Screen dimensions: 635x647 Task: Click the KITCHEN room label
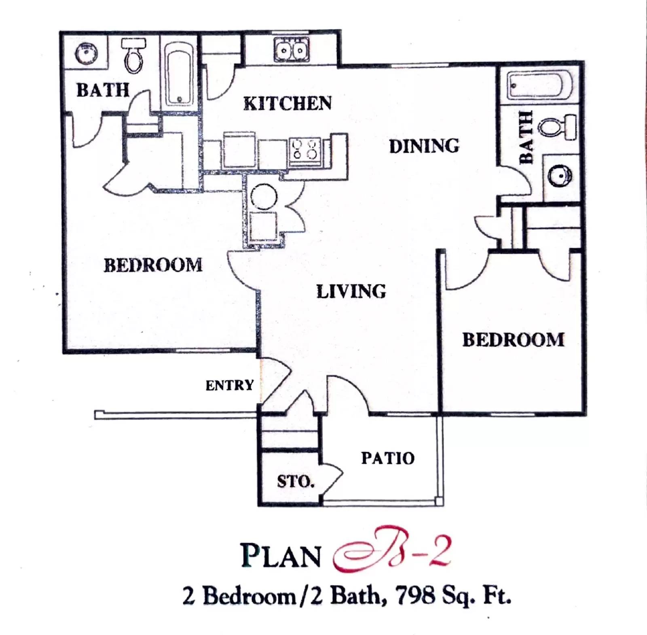coord(288,104)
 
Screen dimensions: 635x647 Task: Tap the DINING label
coord(424,146)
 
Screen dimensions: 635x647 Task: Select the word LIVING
coord(351,291)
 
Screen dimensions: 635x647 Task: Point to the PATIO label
coord(387,458)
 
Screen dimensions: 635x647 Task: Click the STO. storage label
coord(296,482)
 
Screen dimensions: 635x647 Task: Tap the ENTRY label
coord(229,385)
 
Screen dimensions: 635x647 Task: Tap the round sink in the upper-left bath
coord(87,53)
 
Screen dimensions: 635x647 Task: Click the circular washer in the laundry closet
coord(264,197)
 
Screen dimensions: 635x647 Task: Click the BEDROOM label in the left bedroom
coord(153,265)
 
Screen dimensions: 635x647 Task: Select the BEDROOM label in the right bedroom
coord(513,340)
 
